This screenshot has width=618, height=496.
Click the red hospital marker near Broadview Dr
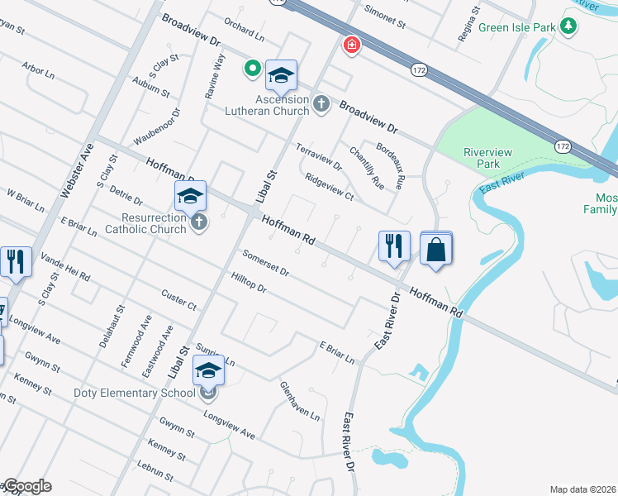point(352,44)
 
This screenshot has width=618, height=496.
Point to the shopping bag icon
point(436,248)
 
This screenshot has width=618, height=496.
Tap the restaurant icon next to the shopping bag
point(394,246)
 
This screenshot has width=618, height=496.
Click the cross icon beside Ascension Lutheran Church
point(321,104)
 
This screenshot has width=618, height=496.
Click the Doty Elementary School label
point(140,393)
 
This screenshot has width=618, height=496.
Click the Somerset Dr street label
point(265,263)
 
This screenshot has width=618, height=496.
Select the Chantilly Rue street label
point(366,166)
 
